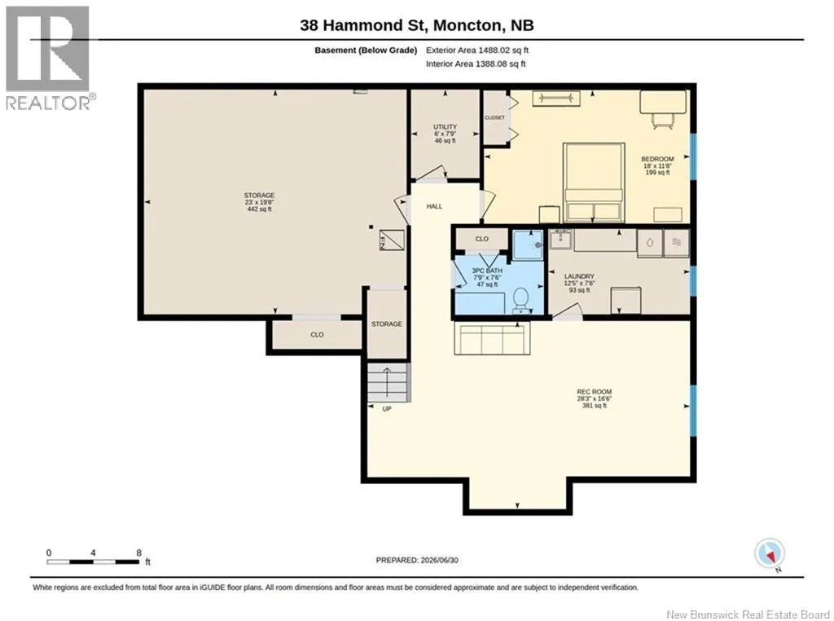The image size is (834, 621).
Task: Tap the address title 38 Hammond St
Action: tap(364, 25)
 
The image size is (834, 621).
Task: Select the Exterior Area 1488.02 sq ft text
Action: tap(477, 50)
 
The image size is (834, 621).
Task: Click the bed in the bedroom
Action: tap(594, 182)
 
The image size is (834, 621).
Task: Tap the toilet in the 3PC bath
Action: tap(520, 300)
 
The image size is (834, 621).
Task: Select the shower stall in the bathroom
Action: tap(528, 244)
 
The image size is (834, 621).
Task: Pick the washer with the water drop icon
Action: tap(650, 243)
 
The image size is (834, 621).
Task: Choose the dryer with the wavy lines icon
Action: tap(677, 243)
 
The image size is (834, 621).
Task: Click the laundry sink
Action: tap(560, 240)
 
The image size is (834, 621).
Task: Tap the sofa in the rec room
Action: tap(491, 338)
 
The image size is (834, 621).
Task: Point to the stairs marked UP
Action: tap(388, 382)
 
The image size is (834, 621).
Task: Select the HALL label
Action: tap(434, 206)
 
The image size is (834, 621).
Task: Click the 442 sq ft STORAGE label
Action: tap(259, 202)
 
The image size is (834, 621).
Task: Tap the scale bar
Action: tap(93, 562)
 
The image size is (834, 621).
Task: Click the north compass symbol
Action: tap(769, 554)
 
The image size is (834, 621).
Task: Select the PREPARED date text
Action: tap(417, 560)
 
